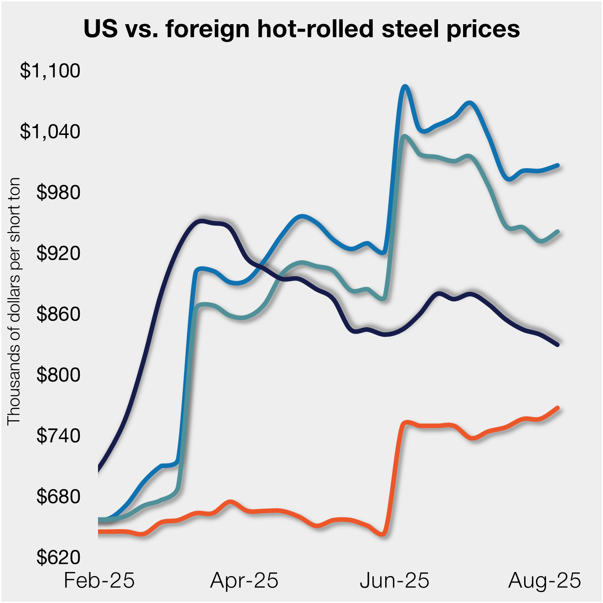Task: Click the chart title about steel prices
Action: [302, 29]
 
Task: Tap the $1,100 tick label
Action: [50, 71]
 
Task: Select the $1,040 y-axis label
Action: [50, 132]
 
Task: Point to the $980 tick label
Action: [58, 193]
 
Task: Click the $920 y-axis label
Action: [58, 253]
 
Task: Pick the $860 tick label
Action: [58, 314]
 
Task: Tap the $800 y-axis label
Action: [58, 375]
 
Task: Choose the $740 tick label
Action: [58, 436]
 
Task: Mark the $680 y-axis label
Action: [58, 497]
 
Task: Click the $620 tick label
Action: [58, 557]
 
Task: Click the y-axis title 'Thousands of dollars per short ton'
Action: [14, 301]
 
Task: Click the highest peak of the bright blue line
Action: [404, 87]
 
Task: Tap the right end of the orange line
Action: [557, 408]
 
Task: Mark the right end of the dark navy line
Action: [557, 345]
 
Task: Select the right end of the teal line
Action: [557, 232]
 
